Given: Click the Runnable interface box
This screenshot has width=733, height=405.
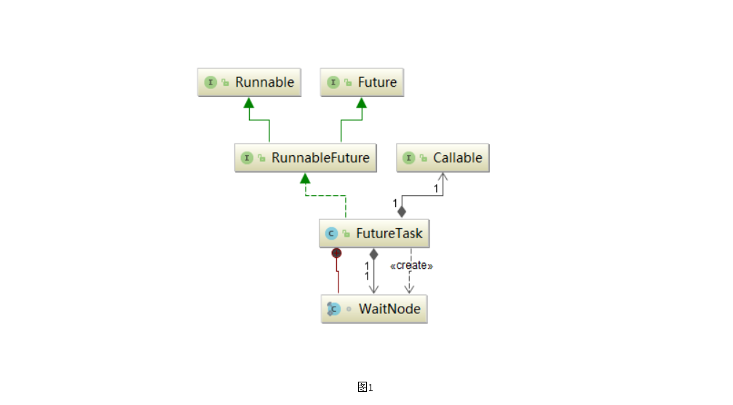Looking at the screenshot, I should pos(250,82).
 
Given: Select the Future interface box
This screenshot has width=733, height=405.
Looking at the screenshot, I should pos(362,82).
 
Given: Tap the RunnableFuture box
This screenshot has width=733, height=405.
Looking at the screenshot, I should pos(306,157).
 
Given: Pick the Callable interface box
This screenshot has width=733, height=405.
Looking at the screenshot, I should pos(443,157).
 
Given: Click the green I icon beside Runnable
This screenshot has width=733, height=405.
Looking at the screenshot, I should pos(211,82).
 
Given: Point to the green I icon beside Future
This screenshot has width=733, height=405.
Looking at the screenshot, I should pos(333,82).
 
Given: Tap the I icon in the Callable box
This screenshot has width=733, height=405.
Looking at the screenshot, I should pos(409,157).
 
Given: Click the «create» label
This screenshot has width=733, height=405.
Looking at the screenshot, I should pos(411,266).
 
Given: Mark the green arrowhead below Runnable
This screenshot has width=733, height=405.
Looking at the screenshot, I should pos(248,103).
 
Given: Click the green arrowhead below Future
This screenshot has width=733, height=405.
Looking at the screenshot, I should pos(361,103).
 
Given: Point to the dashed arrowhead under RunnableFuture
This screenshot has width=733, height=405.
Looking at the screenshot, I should pos(305,178).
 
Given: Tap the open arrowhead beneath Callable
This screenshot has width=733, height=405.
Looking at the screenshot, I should pos(443,178).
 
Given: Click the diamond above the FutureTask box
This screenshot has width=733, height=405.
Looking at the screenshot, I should pos(401,211).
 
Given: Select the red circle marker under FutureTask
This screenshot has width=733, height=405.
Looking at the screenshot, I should pos(336,253).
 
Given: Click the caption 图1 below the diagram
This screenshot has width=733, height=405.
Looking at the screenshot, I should pos(365,387).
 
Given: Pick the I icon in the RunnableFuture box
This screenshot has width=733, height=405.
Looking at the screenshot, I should pos(247,157).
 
